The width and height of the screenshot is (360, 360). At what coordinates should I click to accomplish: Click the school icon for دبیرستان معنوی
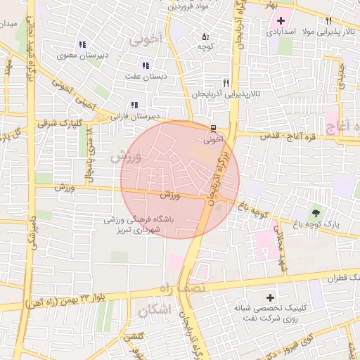(x=83, y=44)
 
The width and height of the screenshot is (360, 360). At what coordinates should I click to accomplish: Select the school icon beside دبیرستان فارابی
(x=134, y=105)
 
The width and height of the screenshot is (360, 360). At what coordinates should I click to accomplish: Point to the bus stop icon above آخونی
(x=212, y=128)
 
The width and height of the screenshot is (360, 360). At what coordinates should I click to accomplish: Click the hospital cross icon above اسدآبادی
(x=281, y=20)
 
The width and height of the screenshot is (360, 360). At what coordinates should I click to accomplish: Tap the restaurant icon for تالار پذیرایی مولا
(x=328, y=20)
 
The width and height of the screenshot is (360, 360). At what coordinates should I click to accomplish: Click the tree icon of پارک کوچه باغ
(x=316, y=212)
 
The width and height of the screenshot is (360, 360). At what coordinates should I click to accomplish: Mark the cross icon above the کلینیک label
(x=270, y=297)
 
